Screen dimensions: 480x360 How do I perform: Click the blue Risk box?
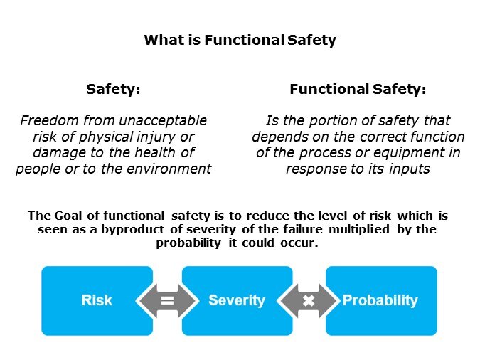click(x=97, y=300)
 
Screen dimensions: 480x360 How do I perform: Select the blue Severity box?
click(x=237, y=300)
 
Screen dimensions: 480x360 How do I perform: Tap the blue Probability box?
click(x=381, y=300)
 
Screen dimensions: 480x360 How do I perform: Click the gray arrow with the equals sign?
click(x=167, y=300)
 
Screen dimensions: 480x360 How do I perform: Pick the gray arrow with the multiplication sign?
click(x=309, y=300)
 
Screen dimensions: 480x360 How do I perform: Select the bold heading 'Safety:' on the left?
click(x=113, y=90)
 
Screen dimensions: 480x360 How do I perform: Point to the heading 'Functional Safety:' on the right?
click(x=358, y=90)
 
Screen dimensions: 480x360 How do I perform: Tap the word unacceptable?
click(x=163, y=120)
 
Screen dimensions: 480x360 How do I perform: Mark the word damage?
click(x=59, y=152)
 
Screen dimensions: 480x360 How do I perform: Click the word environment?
click(x=169, y=169)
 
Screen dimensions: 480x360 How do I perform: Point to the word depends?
click(x=279, y=137)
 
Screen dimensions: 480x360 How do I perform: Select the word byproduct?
click(x=132, y=230)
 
